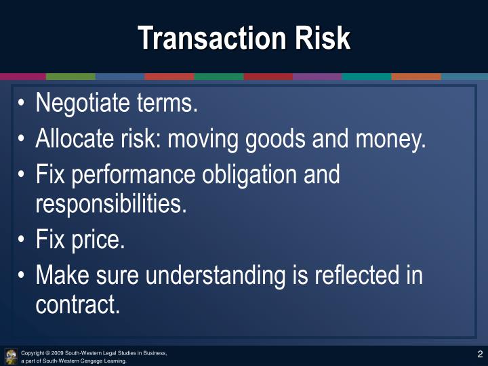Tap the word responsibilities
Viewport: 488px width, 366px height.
[x=110, y=204]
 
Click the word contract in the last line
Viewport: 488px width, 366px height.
[x=77, y=304]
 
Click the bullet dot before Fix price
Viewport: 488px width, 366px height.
[x=22, y=240]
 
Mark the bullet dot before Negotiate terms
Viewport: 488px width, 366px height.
[x=22, y=104]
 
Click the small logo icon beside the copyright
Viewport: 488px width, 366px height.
[x=11, y=357]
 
